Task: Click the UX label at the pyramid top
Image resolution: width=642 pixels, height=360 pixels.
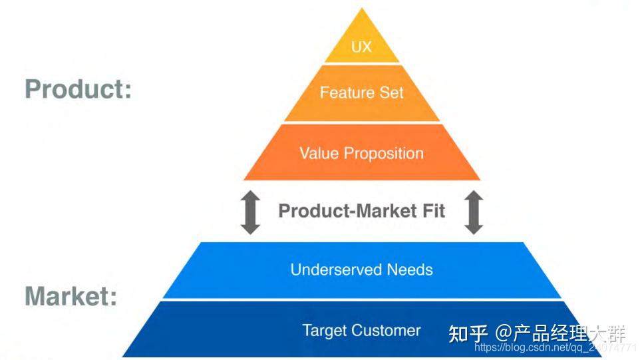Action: pos(361,48)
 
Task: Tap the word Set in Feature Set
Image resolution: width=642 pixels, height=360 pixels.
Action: pos(392,92)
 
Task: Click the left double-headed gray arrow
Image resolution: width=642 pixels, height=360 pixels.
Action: pos(250,212)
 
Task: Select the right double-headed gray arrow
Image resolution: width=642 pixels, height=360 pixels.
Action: pos(473,212)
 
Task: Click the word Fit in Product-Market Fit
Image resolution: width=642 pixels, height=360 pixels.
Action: pos(432,211)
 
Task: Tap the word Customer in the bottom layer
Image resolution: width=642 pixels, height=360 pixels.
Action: pos(385,330)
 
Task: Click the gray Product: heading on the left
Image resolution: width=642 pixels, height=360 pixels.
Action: pos(78,89)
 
